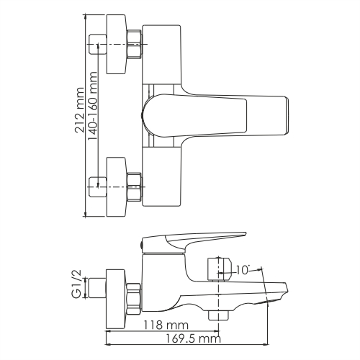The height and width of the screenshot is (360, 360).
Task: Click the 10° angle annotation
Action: click(244, 271)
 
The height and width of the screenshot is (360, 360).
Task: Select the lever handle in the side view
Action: click(194, 241)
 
